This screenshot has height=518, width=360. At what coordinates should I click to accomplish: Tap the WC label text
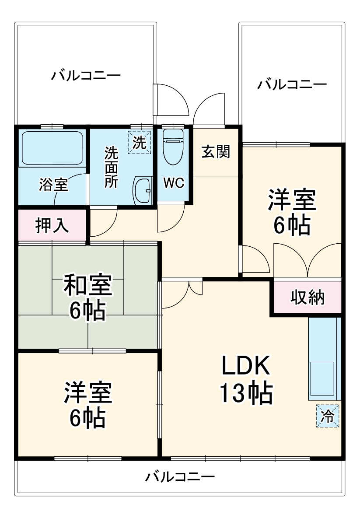tap(174, 183)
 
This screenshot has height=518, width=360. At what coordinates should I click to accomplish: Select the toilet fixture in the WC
tap(172, 146)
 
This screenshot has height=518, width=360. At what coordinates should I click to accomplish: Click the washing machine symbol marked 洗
tap(139, 143)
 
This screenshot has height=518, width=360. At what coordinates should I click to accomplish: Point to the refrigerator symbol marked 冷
tap(328, 416)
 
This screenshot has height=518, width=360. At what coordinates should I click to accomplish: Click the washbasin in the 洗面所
tap(142, 190)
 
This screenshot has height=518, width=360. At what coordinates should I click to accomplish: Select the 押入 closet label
tap(52, 226)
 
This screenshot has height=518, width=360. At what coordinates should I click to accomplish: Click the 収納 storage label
tap(308, 297)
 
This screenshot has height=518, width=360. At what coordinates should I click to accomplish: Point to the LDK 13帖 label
tap(246, 380)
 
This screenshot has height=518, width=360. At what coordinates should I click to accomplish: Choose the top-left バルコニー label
tap(86, 76)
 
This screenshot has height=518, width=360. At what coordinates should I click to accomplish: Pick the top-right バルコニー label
tap(291, 84)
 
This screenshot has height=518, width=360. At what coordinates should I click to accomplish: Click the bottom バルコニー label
tap(180, 476)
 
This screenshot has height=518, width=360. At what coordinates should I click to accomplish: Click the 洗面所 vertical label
tap(111, 167)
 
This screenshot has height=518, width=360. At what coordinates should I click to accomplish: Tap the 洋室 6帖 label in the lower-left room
tap(88, 406)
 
